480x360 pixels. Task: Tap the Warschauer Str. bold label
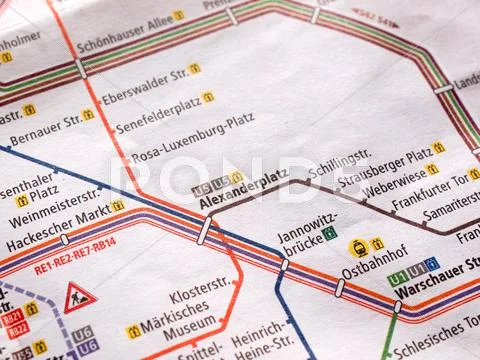[x=434, y=293]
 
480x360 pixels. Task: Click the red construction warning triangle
[x=79, y=297]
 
